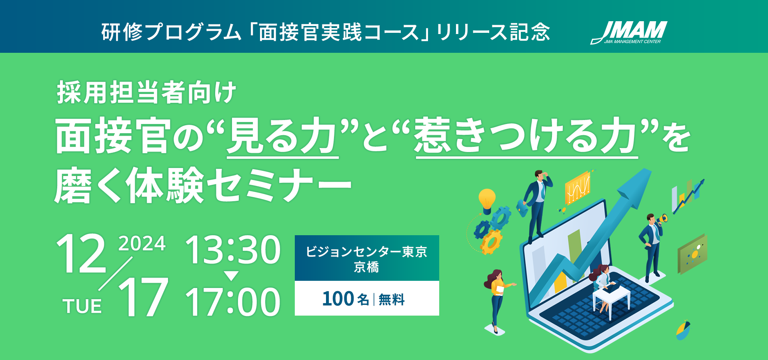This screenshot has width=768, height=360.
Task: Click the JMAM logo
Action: [629, 32]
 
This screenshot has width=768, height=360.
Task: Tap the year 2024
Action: [142, 244]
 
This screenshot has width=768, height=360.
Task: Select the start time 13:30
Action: [233, 250]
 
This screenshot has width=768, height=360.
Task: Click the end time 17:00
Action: [233, 302]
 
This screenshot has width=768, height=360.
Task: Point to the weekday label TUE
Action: [82, 306]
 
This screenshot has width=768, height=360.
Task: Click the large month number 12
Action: [81, 254]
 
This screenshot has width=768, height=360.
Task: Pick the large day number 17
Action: [143, 297]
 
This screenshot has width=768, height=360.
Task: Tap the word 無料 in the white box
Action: [392, 299]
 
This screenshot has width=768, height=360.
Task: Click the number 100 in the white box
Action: [338, 299]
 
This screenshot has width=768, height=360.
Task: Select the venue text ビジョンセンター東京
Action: [366, 252]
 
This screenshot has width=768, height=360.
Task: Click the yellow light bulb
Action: [487, 201]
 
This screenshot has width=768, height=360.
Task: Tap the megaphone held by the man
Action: [661, 219]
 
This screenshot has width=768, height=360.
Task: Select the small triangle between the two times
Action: [231, 276]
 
